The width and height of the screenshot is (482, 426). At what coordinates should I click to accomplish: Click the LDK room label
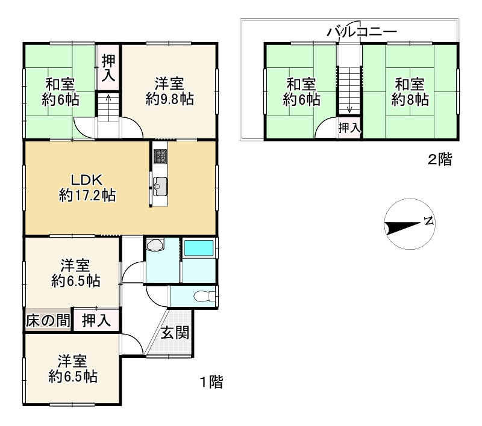point(87,188)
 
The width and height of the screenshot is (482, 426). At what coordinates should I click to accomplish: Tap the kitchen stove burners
point(160,156)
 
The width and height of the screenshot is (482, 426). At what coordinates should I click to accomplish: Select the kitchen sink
point(160,187)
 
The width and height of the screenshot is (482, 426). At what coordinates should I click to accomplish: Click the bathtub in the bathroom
point(199,248)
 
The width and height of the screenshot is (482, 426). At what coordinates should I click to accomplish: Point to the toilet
point(203,296)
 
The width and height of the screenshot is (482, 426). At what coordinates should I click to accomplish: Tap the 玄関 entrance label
point(175,333)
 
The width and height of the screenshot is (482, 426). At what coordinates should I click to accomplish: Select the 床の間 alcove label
point(48,321)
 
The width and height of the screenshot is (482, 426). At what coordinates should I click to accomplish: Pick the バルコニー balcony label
point(361,32)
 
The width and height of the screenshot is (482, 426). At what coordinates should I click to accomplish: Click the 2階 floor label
point(440,159)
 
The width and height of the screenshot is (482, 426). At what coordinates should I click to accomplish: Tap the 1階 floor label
point(211,382)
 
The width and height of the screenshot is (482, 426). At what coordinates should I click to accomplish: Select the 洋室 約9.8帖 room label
point(169,91)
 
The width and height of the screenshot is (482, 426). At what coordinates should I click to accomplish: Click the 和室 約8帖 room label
point(410,91)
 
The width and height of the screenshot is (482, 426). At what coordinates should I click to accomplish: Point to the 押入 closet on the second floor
point(349,128)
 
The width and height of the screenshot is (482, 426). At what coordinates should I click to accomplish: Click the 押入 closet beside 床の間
point(96,321)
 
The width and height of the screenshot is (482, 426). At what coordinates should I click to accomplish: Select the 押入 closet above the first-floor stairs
point(108,67)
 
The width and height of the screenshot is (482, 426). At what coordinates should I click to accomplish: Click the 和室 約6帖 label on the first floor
point(60,92)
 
